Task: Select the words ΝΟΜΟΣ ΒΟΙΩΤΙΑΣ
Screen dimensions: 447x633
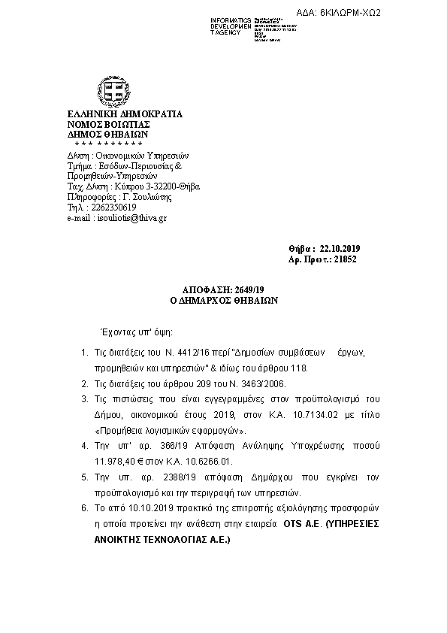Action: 110,125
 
